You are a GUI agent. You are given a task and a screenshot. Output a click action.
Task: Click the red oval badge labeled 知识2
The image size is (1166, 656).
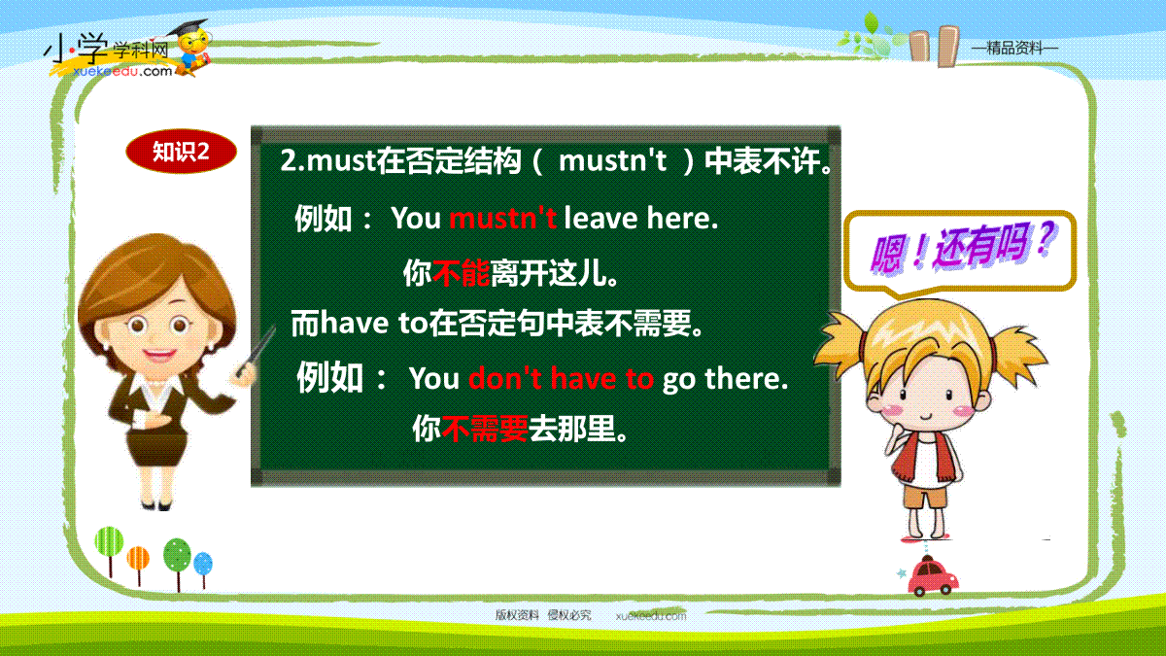click(181, 152)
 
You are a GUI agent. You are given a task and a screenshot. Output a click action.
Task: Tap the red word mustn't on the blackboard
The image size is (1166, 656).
click(503, 218)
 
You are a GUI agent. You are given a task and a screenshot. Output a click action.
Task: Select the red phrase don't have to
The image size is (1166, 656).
click(562, 378)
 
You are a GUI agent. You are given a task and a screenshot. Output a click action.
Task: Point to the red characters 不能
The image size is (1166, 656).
click(462, 273)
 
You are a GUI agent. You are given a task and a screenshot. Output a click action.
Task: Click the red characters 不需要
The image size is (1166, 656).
click(485, 429)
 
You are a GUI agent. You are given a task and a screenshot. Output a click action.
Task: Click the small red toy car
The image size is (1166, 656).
click(933, 576)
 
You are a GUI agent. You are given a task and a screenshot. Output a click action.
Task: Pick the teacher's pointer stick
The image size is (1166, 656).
click(256, 351)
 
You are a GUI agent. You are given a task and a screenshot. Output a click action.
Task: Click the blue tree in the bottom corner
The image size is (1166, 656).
click(203, 570)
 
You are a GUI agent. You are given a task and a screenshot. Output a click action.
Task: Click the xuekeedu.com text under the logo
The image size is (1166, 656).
click(122, 71)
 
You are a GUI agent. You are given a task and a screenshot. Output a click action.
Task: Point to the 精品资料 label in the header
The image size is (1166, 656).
click(1014, 49)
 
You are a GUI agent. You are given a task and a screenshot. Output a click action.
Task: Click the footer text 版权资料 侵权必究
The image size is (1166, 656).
click(543, 615)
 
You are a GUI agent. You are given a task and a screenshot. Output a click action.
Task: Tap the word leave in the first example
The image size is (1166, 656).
click(601, 218)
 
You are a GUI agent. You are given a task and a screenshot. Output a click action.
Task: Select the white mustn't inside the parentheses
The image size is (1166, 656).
click(612, 160)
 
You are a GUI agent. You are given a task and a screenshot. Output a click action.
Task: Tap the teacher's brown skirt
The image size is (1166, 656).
click(157, 448)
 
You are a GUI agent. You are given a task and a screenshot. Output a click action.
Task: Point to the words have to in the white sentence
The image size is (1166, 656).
click(374, 323)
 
